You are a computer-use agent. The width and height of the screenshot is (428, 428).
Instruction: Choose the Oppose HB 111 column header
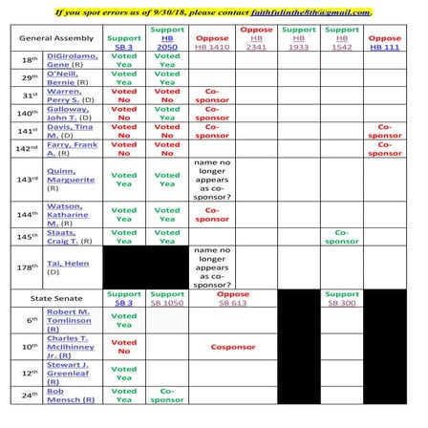pos(386,38)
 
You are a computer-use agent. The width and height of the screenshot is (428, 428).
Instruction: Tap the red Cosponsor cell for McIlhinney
pos(232,348)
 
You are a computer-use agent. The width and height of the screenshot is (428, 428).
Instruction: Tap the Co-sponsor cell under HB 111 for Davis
pos(386,130)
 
